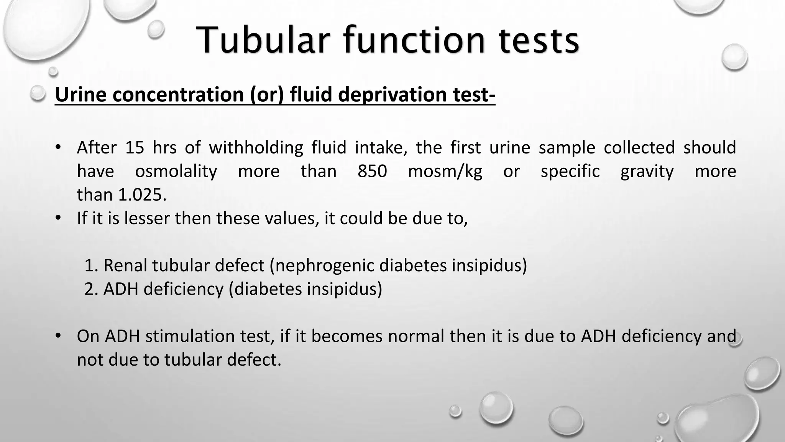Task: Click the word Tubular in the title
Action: point(264,40)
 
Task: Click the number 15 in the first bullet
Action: point(135,148)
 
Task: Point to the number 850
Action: point(372,171)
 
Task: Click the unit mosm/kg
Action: point(445,172)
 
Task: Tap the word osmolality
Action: point(176,172)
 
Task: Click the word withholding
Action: point(256,148)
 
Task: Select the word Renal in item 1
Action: point(126,266)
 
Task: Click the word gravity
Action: point(647,172)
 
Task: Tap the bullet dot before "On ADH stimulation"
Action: point(58,336)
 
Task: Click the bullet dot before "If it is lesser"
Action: point(58,218)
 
